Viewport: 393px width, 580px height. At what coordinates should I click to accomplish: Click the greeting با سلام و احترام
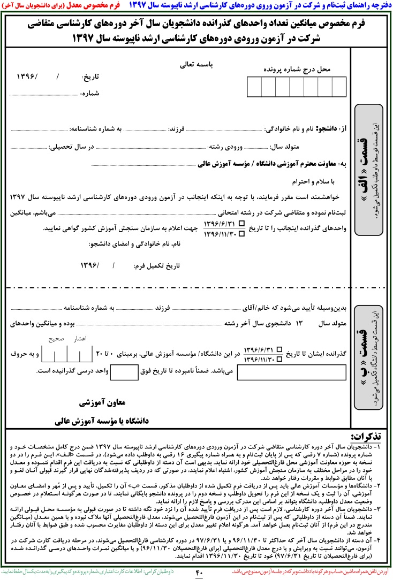(x=313, y=182)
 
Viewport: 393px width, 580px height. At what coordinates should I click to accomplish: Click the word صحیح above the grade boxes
(x=56, y=339)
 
